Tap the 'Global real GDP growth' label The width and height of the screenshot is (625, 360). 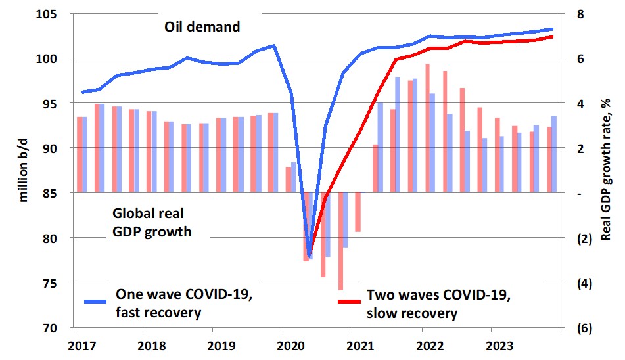tap(152, 222)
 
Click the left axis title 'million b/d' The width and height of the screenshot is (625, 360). tap(24, 167)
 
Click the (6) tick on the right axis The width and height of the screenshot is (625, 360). tap(584, 327)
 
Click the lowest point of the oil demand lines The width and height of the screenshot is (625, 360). tap(309, 255)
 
